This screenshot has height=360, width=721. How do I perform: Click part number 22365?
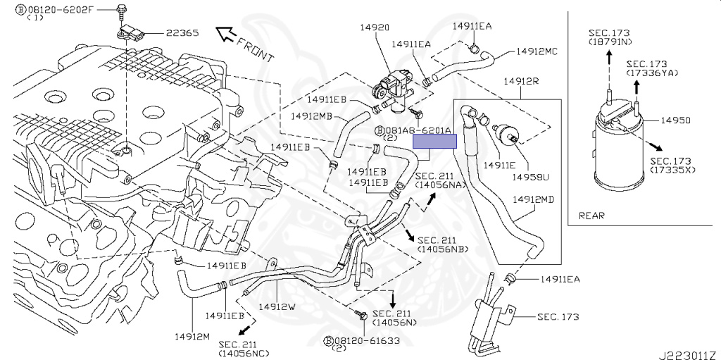tap(183, 33)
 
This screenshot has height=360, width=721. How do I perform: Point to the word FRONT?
tap(256, 47)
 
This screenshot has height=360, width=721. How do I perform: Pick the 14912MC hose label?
tap(537, 51)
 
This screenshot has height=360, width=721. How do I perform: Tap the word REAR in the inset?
tap(591, 216)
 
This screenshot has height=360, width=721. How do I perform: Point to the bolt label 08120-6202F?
tap(62, 11)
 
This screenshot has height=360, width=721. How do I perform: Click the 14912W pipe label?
tap(277, 307)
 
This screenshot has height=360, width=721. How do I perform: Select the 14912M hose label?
tap(192, 336)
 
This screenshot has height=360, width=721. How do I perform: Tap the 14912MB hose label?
tap(311, 115)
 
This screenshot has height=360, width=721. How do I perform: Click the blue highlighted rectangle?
tap(434, 141)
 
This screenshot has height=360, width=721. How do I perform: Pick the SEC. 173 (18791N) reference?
tap(610, 37)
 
